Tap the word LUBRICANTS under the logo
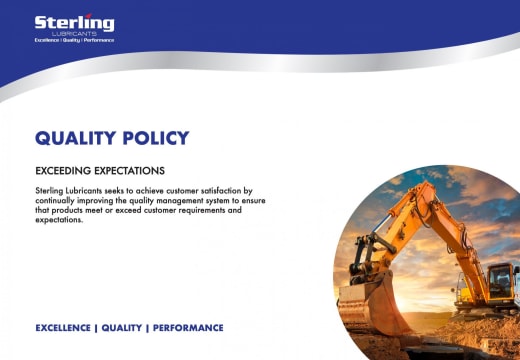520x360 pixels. (74, 33)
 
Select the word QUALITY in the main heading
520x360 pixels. (79, 138)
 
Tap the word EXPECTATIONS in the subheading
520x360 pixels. (130, 170)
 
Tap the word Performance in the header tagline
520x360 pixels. (100, 40)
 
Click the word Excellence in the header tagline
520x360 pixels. (47, 40)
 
